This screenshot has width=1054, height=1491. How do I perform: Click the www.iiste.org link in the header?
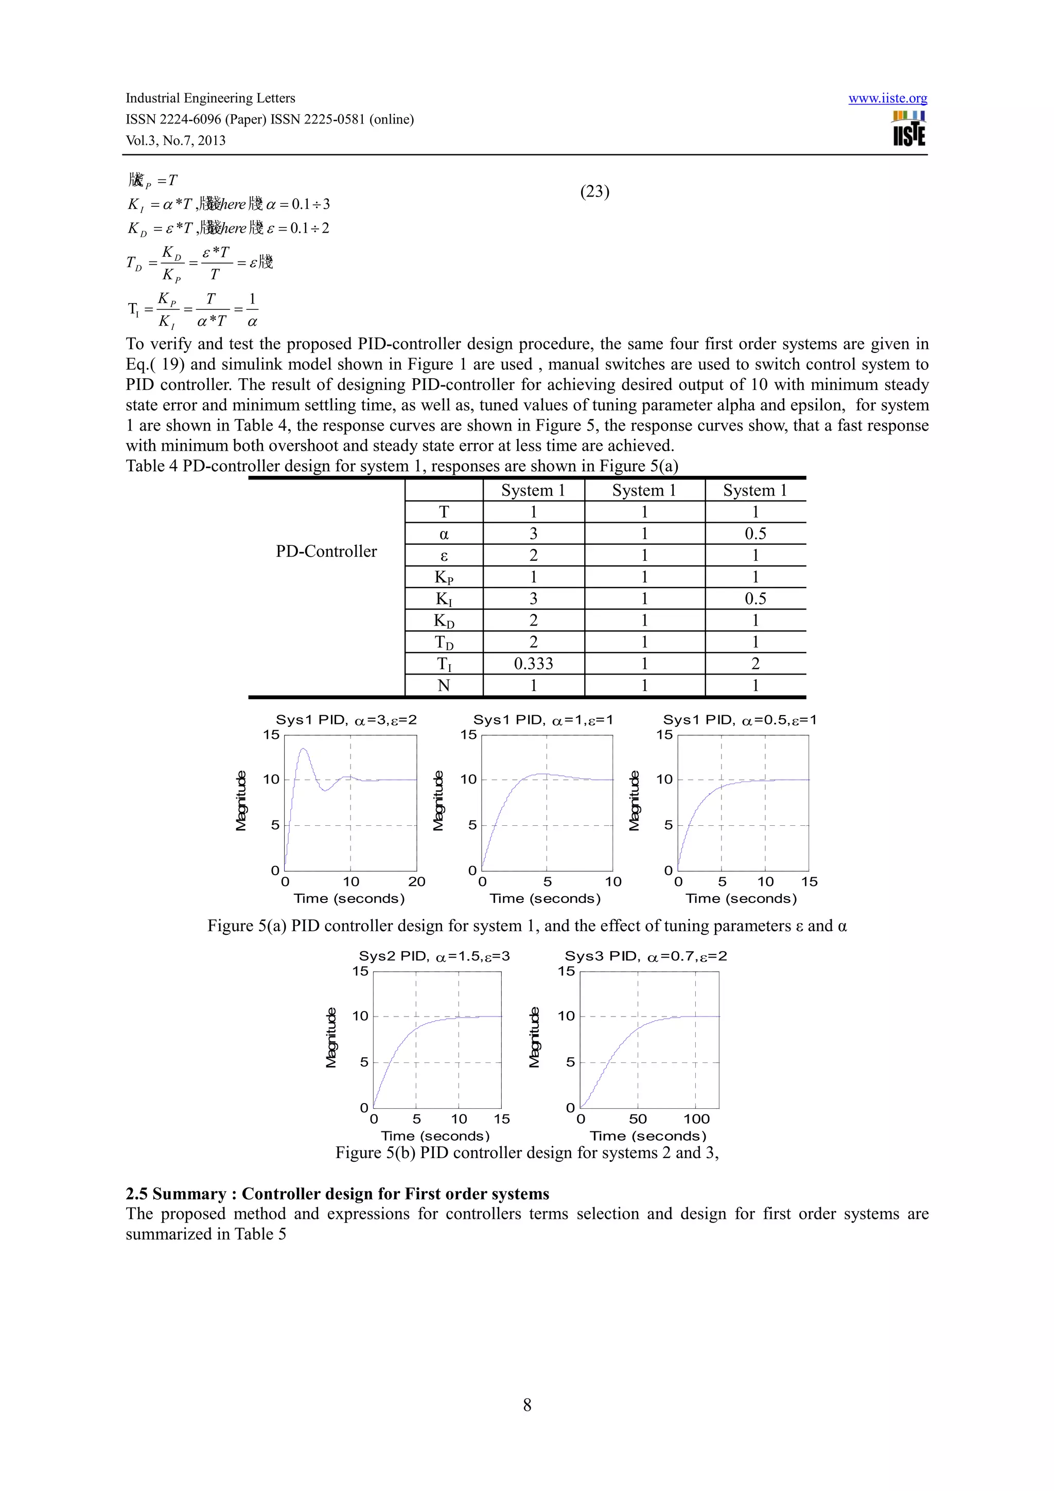click(887, 98)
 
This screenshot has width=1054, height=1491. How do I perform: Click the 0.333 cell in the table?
click(533, 663)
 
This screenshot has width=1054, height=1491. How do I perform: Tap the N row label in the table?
click(444, 685)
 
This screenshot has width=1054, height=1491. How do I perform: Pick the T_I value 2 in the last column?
click(756, 663)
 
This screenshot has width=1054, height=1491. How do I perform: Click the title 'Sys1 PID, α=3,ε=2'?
click(346, 720)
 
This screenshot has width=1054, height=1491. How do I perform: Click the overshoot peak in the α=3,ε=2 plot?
click(303, 750)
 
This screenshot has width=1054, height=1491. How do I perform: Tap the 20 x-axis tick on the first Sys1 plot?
click(416, 881)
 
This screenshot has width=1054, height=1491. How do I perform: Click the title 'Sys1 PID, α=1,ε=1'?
click(543, 720)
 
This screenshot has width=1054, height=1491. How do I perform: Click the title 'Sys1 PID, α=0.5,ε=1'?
click(740, 720)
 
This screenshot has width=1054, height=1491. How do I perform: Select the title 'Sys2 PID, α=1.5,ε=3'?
click(434, 956)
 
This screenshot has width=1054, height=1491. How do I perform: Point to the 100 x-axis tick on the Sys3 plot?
click(696, 1119)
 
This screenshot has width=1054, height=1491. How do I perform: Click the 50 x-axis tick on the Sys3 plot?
click(638, 1119)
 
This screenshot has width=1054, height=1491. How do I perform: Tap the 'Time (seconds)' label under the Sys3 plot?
click(647, 1136)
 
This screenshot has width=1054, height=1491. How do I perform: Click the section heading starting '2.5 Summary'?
click(337, 1194)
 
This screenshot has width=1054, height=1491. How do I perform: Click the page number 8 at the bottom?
click(526, 1405)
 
